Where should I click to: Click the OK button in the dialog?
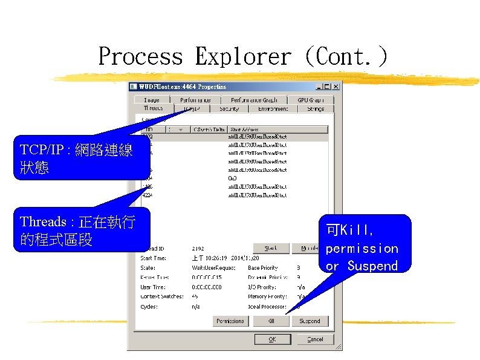pyautogui.click(x=272, y=339)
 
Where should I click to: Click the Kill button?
pyautogui.click(x=271, y=321)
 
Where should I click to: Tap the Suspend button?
pyautogui.click(x=310, y=321)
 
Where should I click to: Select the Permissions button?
pyautogui.click(x=230, y=321)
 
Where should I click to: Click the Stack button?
pyautogui.click(x=271, y=248)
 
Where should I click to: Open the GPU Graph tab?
pyautogui.click(x=311, y=100)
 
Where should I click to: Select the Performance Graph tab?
pyautogui.click(x=253, y=100)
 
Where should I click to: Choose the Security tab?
pyautogui.click(x=229, y=109)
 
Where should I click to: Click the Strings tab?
pyautogui.click(x=315, y=109)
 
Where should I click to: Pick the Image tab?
pyautogui.click(x=152, y=100)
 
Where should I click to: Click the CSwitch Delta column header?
pyautogui.click(x=209, y=129)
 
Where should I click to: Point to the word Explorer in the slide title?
pyautogui.click(x=242, y=57)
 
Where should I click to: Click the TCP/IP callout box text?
pyautogui.click(x=76, y=159)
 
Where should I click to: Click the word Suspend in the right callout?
pyautogui.click(x=372, y=266)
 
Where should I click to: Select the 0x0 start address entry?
pyautogui.click(x=232, y=178)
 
